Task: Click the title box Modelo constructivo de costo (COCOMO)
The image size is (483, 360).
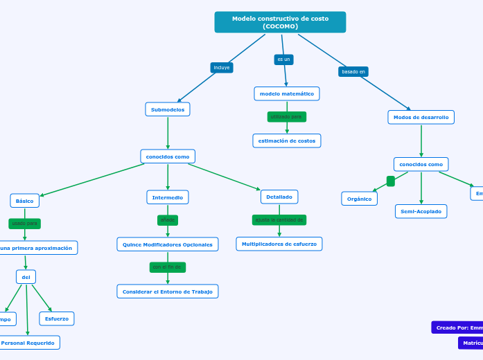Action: click(280, 22)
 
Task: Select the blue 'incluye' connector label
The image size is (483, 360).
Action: click(222, 67)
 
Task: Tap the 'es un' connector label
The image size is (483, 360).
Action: click(283, 60)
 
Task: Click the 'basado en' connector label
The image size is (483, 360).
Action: click(353, 71)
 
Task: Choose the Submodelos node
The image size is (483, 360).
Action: click(168, 109)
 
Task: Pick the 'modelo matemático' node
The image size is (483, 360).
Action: click(287, 93)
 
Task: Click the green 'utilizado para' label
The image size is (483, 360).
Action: click(286, 116)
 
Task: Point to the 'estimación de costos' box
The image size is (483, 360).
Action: click(287, 141)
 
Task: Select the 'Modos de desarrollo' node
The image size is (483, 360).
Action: click(421, 117)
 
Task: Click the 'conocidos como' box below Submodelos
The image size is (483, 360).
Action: click(168, 156)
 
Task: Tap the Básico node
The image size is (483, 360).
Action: click(24, 201)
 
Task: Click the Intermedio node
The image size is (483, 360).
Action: click(168, 197)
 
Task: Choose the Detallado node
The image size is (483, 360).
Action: click(279, 197)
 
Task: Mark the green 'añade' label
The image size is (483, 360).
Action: click(168, 220)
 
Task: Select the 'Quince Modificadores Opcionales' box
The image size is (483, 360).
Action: click(168, 244)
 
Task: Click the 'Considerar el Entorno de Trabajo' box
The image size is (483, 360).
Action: click(168, 291)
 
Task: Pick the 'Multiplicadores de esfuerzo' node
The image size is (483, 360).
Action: click(279, 244)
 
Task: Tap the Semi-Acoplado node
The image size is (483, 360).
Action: click(421, 211)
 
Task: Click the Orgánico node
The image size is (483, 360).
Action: click(359, 199)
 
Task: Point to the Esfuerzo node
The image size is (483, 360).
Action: click(57, 318)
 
